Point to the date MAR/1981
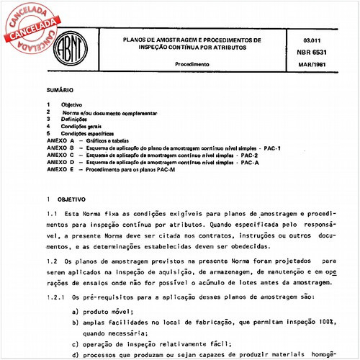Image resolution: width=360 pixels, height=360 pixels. pyautogui.click(x=314, y=65)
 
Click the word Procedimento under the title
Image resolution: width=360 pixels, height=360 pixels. pyautogui.click(x=192, y=64)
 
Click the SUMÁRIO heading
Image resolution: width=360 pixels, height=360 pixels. pyautogui.click(x=59, y=91)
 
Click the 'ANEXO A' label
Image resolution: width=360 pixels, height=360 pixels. pyautogui.click(x=60, y=140)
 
